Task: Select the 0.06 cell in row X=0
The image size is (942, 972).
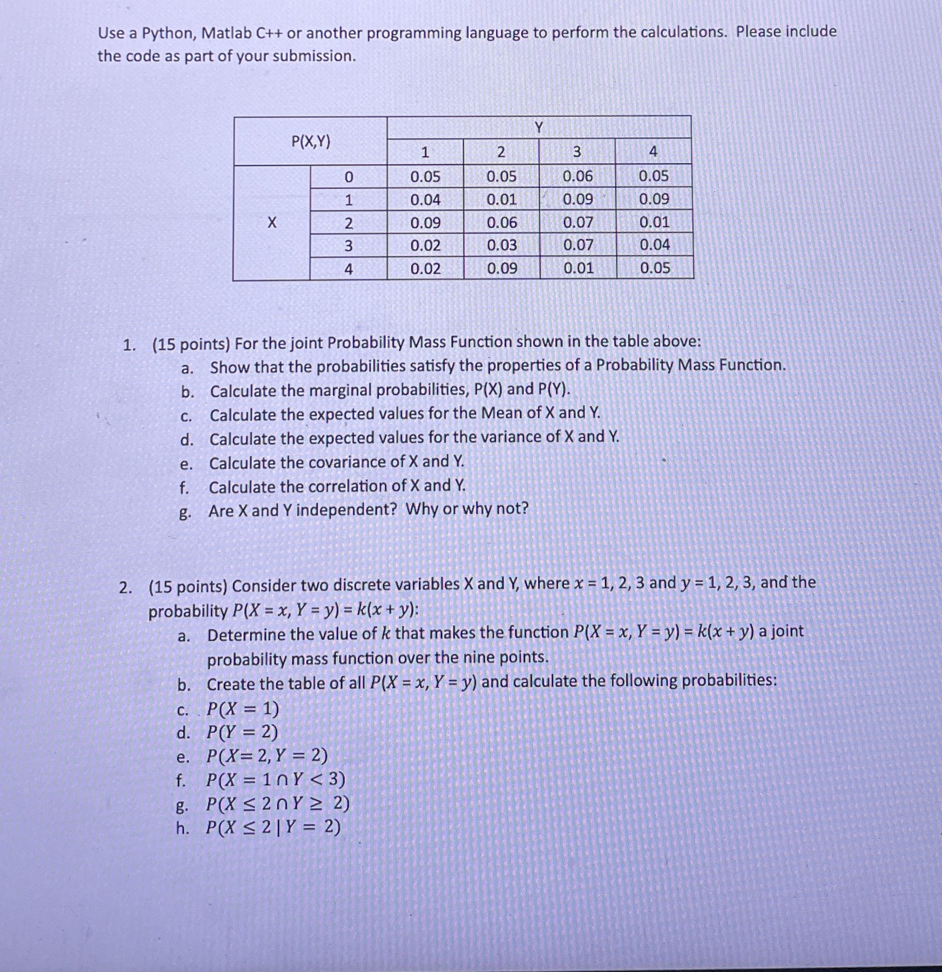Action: (x=577, y=176)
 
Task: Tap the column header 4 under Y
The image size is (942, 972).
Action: (x=653, y=152)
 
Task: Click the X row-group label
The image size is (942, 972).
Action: (x=271, y=223)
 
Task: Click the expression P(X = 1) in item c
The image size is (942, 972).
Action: (x=243, y=710)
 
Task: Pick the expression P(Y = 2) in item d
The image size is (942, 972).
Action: (x=242, y=732)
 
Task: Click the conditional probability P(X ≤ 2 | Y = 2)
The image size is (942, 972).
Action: (x=274, y=828)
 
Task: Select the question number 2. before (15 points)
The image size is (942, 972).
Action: (x=126, y=588)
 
